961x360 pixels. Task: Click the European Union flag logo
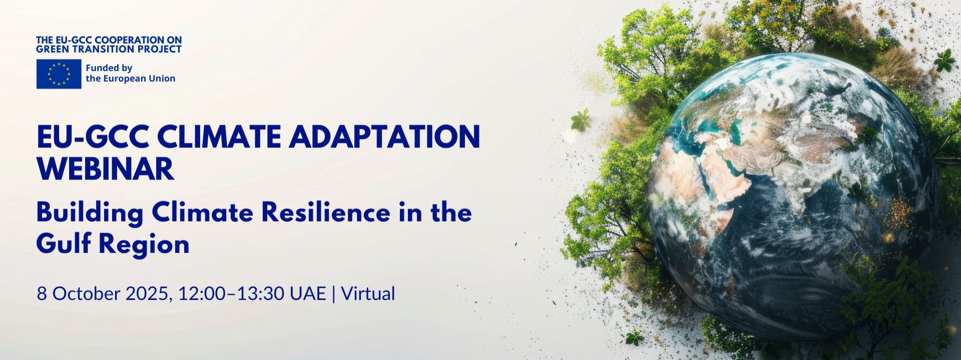[x=59, y=74]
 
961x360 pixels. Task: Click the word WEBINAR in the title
[x=106, y=169]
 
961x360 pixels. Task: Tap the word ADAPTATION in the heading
[x=384, y=136]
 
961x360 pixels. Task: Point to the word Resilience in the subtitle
[x=326, y=212]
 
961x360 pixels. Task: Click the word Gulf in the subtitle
[x=64, y=243]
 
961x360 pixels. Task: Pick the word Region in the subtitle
[x=144, y=245]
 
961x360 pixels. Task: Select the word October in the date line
[x=86, y=293]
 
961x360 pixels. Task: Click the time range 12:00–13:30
[x=231, y=293]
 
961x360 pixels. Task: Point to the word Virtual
[x=368, y=293]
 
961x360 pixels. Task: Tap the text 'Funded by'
[x=109, y=68]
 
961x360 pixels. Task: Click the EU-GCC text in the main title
[x=93, y=136]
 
